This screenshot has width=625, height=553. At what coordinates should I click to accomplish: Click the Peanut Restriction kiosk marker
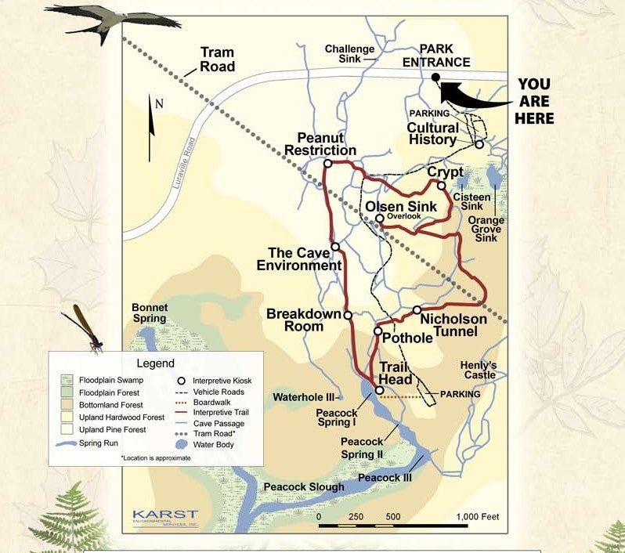coord(327,164)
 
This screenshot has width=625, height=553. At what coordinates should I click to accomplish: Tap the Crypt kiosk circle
coord(442,186)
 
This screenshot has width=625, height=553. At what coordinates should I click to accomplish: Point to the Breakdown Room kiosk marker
coord(348,315)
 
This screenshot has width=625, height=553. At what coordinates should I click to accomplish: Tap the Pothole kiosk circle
coord(378,331)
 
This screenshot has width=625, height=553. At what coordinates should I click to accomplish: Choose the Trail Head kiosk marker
coord(380,390)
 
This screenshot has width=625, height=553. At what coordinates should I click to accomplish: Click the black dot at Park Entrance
coord(435,77)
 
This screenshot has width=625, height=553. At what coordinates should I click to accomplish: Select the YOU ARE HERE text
coord(534,101)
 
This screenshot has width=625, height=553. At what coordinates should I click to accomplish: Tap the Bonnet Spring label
coord(149,313)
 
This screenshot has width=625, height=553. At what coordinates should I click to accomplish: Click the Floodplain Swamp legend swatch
coord(66,379)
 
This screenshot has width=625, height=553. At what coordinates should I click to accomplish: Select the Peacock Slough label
coord(304,487)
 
